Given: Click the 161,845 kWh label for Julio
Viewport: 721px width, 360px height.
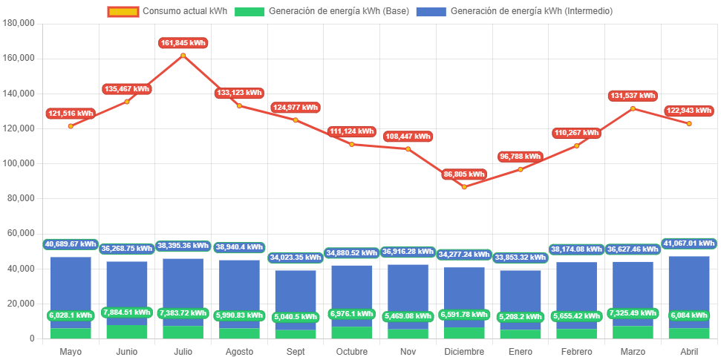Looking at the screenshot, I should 183,43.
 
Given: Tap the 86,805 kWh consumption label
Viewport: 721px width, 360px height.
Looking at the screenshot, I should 464,174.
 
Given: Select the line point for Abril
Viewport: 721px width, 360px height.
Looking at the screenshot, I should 689,124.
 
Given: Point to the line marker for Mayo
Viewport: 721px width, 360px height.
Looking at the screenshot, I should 71,126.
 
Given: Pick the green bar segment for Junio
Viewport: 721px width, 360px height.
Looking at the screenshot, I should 127,332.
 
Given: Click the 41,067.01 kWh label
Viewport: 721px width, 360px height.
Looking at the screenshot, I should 689,243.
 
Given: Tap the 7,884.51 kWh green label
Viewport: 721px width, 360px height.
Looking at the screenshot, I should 127,312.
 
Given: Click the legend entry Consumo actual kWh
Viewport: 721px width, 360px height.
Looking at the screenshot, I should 168,11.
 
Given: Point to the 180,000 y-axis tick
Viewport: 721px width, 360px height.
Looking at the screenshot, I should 20,23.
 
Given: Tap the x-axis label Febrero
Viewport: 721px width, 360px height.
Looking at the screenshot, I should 577,351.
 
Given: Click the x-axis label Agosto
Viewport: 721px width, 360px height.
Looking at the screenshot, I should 239,351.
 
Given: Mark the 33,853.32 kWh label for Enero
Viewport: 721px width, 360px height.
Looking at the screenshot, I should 521,257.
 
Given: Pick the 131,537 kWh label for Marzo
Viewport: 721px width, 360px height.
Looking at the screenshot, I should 633,96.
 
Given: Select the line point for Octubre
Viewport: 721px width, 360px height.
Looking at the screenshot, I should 352,144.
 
